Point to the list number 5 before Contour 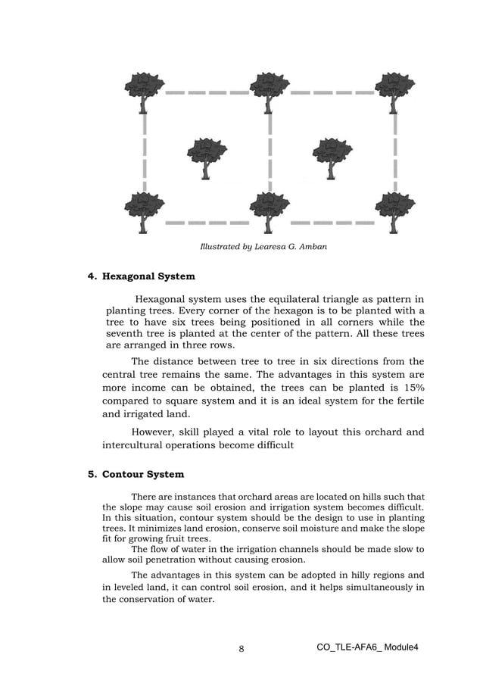click(92, 475)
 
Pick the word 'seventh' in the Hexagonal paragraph click(125, 334)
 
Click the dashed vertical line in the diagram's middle click(270, 151)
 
